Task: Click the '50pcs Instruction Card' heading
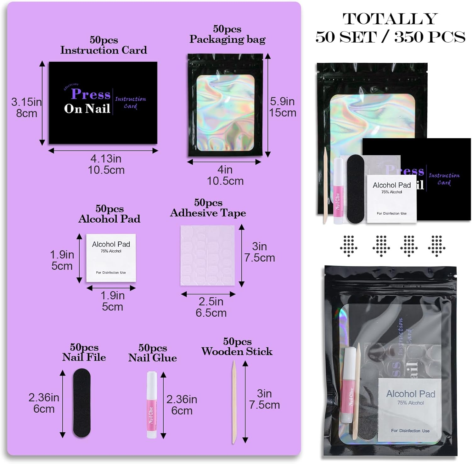coord(104,45)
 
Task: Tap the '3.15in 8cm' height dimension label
coord(26,107)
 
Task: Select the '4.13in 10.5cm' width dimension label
coord(106,164)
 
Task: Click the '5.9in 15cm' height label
coord(282,107)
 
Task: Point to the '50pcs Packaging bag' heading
coord(227,34)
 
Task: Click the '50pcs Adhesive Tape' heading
coord(208,208)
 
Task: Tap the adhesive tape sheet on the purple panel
coord(208,255)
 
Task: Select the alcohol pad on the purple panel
coord(111,258)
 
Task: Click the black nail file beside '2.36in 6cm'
coord(82,403)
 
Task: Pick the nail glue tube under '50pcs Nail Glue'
coord(152,405)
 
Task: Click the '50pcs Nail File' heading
coord(84,352)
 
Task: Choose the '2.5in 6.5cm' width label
coord(211,307)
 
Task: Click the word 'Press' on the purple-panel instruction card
coord(91,94)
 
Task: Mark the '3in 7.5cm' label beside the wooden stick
coord(264,399)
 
